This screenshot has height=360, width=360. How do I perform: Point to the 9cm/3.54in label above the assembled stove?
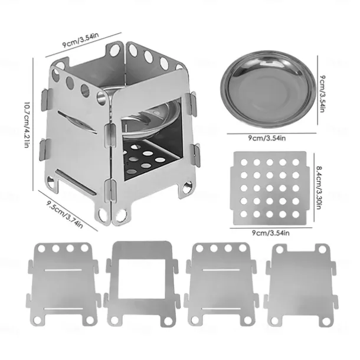tap(81, 40)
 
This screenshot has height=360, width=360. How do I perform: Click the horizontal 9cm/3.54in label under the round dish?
tap(267, 139)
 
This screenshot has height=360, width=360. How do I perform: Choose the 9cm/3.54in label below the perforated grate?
tap(271, 233)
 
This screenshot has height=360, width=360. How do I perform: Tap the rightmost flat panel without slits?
tap(301, 284)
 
